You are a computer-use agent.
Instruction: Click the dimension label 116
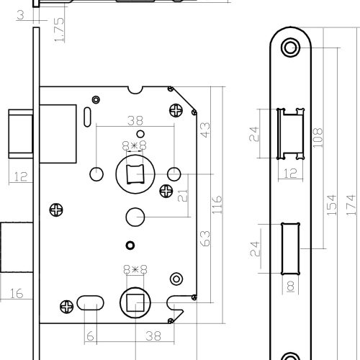pos(217,204)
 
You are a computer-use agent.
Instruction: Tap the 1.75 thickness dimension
pos(59,30)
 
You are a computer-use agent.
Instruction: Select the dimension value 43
pos(205,130)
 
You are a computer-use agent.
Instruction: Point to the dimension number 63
pos(205,238)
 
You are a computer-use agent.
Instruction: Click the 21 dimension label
pos(183,196)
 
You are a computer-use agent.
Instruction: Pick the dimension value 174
pos(351,204)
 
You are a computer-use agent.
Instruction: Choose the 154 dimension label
pos(332,204)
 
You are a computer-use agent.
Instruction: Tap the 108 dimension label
pos(318,138)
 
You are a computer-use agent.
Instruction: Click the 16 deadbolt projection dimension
pos(17,293)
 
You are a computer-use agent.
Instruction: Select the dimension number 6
pos(90,336)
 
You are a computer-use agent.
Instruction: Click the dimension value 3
pos(21,15)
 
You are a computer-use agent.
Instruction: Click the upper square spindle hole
pos(135,174)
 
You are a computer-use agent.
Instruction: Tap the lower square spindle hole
pos(135,302)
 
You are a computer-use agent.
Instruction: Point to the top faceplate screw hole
pos(290,48)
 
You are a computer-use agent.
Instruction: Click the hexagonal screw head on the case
pos(176,279)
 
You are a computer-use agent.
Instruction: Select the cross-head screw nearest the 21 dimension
pos(166,191)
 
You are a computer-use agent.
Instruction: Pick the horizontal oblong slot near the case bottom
pos(90,302)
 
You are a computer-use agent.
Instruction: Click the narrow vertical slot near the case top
pos(87,117)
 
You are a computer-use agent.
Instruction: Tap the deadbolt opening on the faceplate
pos(290,248)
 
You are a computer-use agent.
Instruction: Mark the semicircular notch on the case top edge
pos(135,90)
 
